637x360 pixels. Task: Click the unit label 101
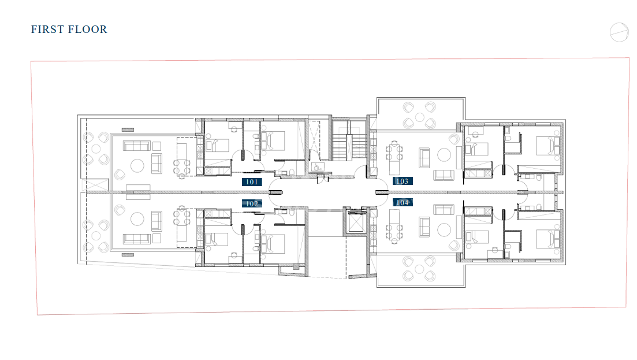[x=252, y=181]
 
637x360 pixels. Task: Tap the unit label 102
[x=252, y=203]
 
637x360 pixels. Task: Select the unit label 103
[x=402, y=181]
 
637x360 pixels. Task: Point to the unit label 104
[x=402, y=202]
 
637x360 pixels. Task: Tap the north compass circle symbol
[x=619, y=32]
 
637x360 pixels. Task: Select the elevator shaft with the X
[x=356, y=222]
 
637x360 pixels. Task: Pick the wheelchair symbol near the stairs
[x=318, y=168]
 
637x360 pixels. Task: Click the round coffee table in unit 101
[x=136, y=166]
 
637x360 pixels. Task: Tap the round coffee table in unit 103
[x=444, y=155]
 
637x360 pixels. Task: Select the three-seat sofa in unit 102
[x=136, y=239]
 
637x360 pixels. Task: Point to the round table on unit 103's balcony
[x=419, y=117]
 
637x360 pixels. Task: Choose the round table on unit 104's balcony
[x=419, y=269]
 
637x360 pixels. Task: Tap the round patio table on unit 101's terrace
[x=96, y=149]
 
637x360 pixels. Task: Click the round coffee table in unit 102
[x=137, y=219]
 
